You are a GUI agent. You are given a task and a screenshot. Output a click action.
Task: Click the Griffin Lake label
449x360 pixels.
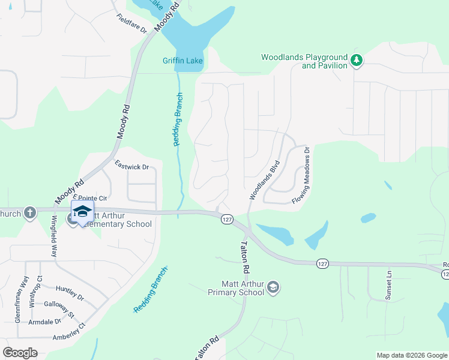(183, 61)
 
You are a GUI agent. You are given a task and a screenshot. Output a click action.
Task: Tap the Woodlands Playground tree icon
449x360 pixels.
(357, 59)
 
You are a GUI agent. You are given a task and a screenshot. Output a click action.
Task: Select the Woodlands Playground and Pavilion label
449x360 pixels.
(304, 61)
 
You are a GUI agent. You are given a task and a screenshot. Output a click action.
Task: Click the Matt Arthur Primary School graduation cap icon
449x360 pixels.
(274, 287)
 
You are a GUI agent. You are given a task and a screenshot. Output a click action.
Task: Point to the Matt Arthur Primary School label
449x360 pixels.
(235, 288)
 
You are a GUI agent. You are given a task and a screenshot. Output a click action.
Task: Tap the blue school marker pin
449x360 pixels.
(82, 213)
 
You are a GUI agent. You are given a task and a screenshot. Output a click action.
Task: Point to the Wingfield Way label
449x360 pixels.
(55, 236)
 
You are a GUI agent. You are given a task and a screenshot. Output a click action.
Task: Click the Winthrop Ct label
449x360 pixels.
(32, 292)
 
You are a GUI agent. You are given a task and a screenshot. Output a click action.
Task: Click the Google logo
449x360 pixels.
(20, 353)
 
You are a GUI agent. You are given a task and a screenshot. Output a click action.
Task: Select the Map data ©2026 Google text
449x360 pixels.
(411, 355)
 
